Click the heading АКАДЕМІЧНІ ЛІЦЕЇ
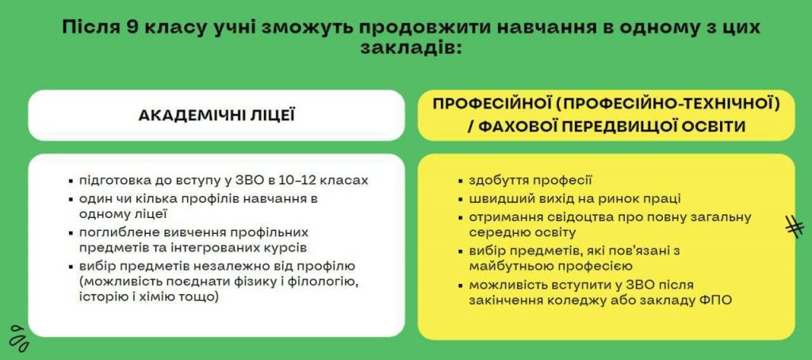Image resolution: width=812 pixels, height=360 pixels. click(x=216, y=115)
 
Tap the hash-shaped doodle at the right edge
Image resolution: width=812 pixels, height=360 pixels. click(x=795, y=226)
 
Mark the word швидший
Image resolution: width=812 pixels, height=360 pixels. click(x=494, y=199)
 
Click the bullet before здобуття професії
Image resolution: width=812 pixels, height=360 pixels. click(x=461, y=182)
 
